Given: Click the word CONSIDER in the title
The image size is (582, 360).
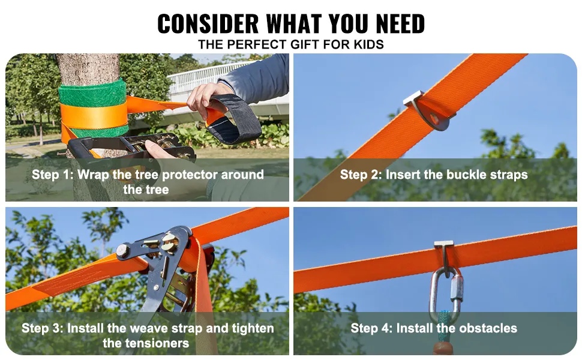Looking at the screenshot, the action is [x=208, y=24].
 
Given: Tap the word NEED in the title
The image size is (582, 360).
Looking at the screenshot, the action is [x=400, y=24].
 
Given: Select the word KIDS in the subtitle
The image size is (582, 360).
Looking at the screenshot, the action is [x=368, y=44].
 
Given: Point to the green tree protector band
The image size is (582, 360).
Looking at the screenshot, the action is [x=93, y=93].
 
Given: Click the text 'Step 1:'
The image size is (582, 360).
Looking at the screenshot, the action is [x=52, y=175].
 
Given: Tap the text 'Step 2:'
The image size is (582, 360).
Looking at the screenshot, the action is [x=361, y=175].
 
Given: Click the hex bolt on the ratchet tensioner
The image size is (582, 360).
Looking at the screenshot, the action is [x=123, y=251].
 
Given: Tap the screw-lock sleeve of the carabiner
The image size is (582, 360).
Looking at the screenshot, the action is [x=457, y=289].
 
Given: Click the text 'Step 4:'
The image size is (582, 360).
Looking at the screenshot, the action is [x=371, y=328].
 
